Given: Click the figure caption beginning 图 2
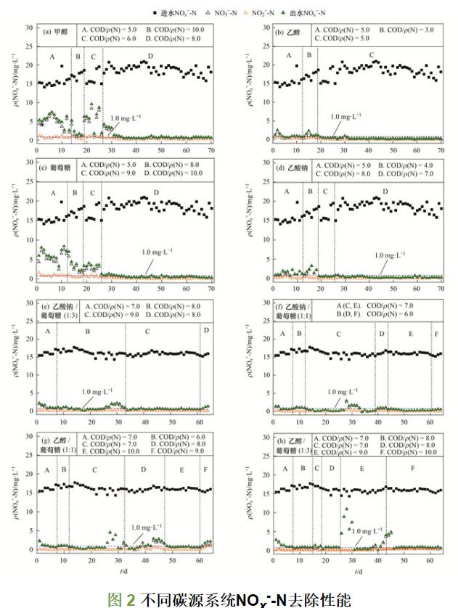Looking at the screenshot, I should [x=229, y=598].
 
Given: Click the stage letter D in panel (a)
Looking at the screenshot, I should [x=150, y=56].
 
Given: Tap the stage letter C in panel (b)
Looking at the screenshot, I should [x=372, y=56].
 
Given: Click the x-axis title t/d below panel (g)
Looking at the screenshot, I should [x=124, y=572].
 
